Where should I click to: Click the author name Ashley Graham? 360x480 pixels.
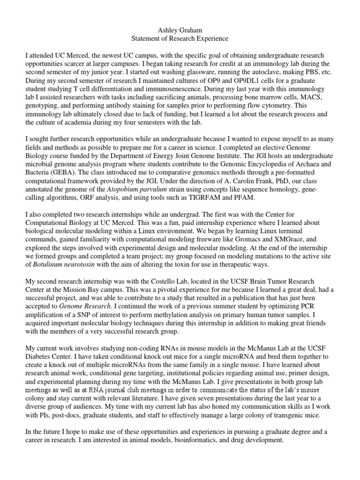click(x=180, y=30)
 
